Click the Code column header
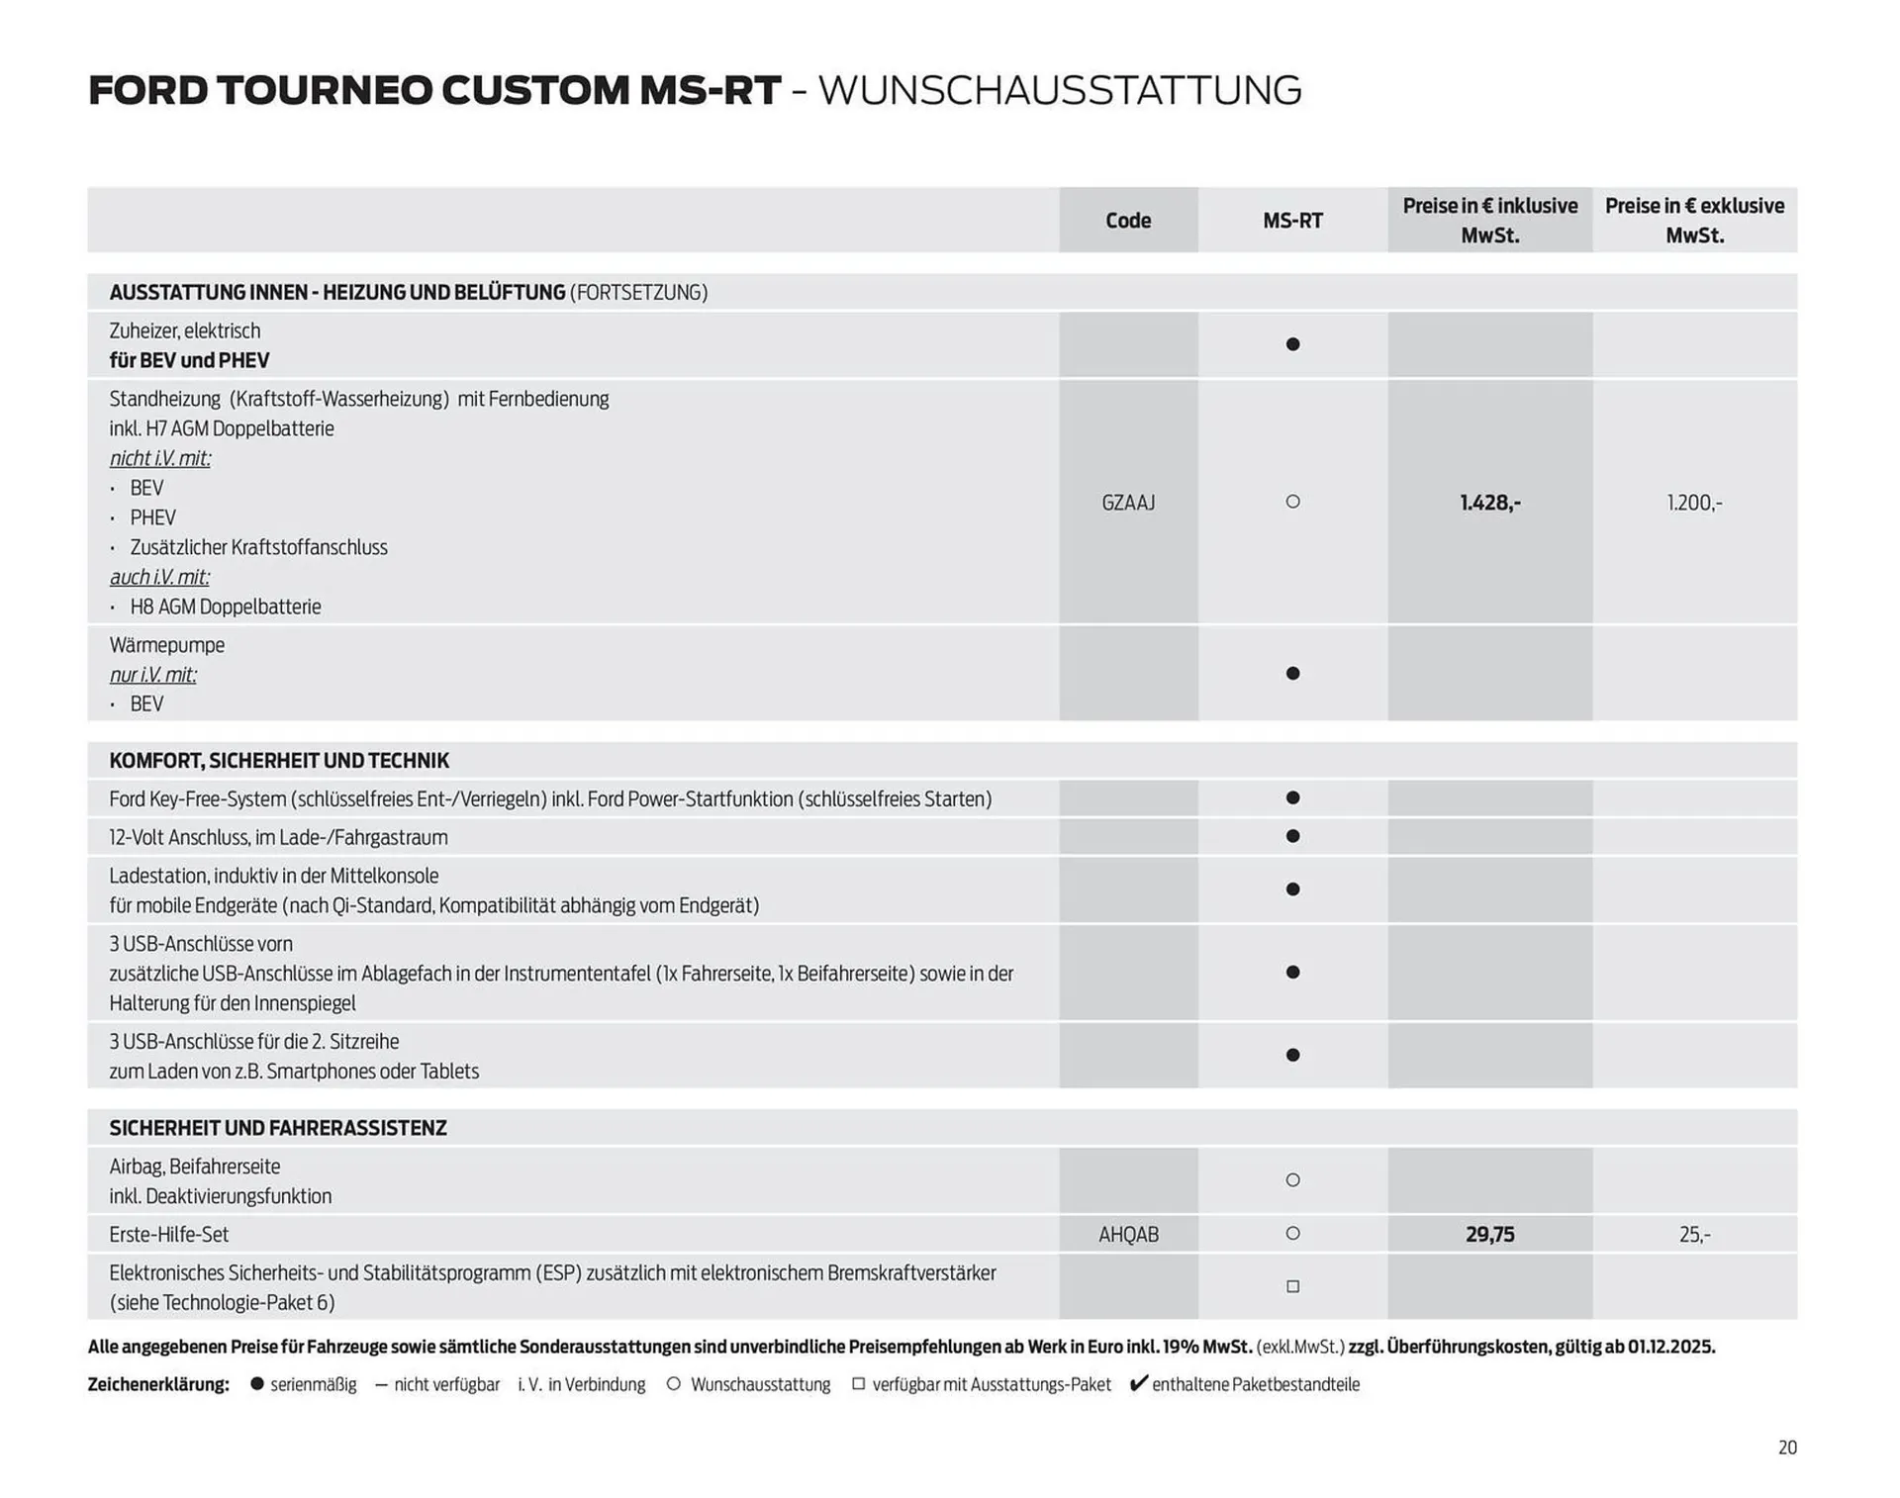[x=1128, y=221]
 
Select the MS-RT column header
[x=1292, y=221]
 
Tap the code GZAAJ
[x=1128, y=503]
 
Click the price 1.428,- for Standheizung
[x=1489, y=503]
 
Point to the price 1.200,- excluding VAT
[x=1694, y=503]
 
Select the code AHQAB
[x=1128, y=1235]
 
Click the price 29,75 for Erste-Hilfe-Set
[x=1489, y=1235]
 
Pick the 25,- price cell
[x=1694, y=1235]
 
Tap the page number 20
[x=1787, y=1448]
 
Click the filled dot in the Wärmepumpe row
[x=1292, y=674]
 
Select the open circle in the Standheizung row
[x=1292, y=502]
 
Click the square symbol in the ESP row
[x=1292, y=1286]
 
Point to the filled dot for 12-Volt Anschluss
[x=1292, y=836]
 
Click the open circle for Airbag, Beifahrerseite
[x=1292, y=1179]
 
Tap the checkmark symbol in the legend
[x=1139, y=1383]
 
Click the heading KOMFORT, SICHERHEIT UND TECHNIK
[x=279, y=761]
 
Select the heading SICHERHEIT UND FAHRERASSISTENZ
[x=278, y=1128]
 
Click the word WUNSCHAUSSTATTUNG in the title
[x=1060, y=90]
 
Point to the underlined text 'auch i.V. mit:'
[x=159, y=577]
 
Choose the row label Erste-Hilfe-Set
[x=169, y=1235]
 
